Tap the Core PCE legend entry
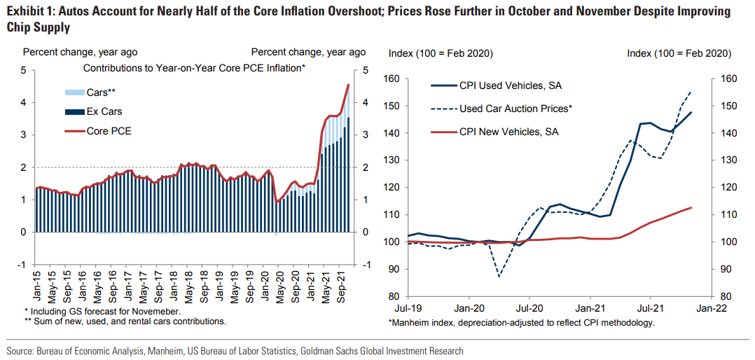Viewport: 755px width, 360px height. (x=109, y=130)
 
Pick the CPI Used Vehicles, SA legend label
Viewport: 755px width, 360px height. (x=511, y=86)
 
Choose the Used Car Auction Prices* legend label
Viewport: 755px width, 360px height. (x=516, y=109)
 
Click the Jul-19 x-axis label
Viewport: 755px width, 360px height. (x=408, y=307)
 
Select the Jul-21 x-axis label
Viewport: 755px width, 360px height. (x=651, y=307)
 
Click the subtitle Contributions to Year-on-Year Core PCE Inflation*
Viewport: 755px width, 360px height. (x=195, y=68)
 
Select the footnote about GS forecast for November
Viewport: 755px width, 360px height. (x=102, y=310)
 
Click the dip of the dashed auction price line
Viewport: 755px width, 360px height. (x=499, y=276)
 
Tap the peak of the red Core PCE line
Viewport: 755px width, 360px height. (x=348, y=85)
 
